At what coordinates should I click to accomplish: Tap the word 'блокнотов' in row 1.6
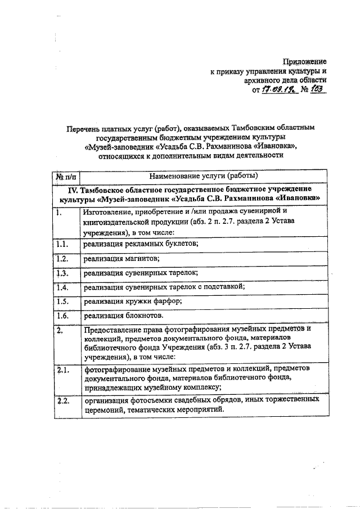(x=146, y=316)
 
